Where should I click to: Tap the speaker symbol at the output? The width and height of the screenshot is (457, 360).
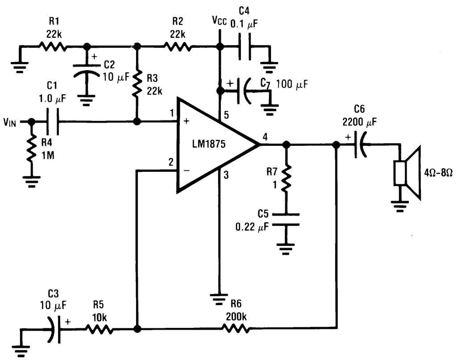coord(407,173)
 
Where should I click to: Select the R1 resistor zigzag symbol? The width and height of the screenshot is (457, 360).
coord(52,46)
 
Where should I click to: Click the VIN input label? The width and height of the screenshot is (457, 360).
coord(10,122)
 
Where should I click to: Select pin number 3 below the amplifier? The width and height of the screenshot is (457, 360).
coord(226,175)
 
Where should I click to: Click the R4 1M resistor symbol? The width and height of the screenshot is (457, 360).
coord(31,149)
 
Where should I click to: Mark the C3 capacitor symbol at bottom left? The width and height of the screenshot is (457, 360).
coord(54,330)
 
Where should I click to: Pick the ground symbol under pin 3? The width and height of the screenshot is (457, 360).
coord(219,299)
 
